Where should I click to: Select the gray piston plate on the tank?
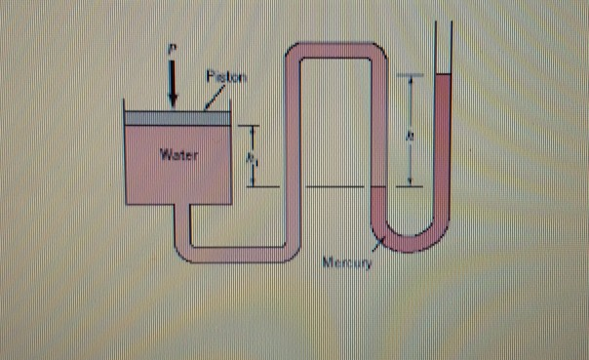(x=176, y=118)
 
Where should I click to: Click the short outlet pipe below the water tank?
(x=179, y=222)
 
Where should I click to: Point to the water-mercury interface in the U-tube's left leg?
(x=381, y=186)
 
